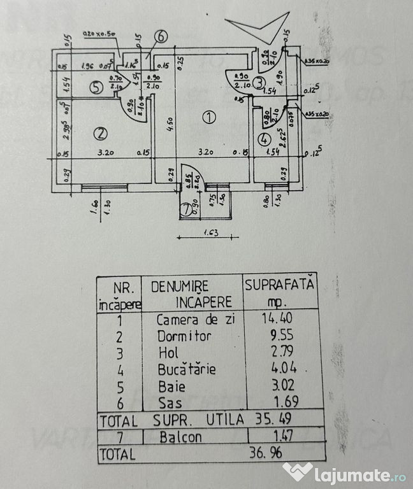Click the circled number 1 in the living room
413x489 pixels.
(208, 117)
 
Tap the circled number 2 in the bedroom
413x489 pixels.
(99, 133)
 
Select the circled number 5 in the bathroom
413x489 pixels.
(96, 88)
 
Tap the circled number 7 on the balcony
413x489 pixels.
(185, 208)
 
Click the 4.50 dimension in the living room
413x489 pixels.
(170, 120)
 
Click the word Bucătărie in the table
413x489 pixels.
(187, 369)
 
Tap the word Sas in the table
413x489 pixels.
(167, 402)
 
